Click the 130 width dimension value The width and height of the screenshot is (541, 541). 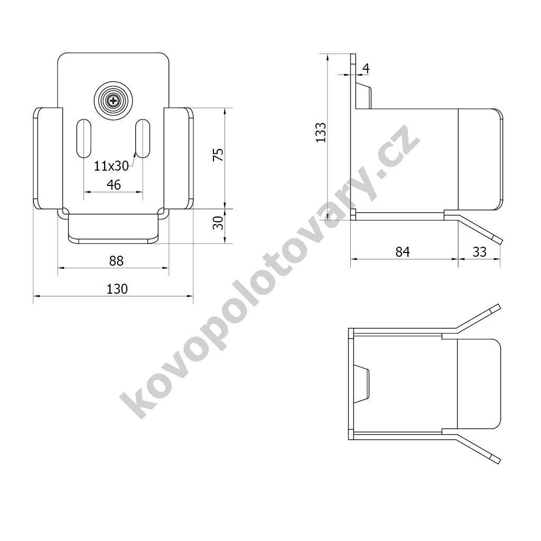(x=117, y=289)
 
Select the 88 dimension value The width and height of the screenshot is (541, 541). (x=116, y=260)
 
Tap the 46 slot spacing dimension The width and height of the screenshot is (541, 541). (x=114, y=184)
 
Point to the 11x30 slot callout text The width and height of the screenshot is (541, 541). (x=111, y=166)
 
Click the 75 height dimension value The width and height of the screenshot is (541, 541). (x=218, y=154)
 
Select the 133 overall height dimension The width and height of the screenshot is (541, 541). (x=320, y=133)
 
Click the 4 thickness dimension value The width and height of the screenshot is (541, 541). (x=366, y=68)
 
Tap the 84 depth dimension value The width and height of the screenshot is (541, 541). (x=403, y=252)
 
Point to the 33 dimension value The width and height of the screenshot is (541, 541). (x=479, y=252)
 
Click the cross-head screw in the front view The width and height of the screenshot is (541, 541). (x=114, y=101)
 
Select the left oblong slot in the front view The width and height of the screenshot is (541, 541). (x=83, y=138)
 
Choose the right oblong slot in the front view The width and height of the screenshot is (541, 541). (x=143, y=138)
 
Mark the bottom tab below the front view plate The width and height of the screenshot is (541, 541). (x=114, y=229)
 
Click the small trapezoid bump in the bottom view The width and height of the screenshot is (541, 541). (x=362, y=384)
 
